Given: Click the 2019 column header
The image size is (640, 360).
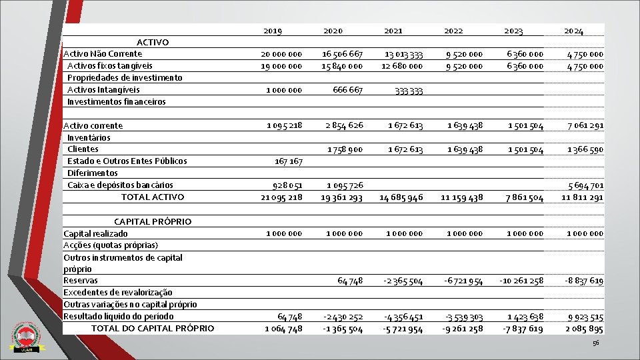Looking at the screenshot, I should [273, 31].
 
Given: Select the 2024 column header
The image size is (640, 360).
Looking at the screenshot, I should [573, 31].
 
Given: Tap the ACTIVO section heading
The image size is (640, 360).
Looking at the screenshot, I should [153, 42].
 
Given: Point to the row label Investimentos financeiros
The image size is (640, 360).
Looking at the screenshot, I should [116, 101].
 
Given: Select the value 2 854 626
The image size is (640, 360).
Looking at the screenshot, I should [344, 125].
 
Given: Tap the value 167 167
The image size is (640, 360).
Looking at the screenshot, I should [288, 161].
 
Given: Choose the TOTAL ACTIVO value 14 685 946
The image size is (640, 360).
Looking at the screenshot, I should [401, 197].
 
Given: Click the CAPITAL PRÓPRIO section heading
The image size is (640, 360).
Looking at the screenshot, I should [153, 221].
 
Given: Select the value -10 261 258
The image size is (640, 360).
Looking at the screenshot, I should [521, 281].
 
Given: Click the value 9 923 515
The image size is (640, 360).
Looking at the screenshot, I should [586, 317].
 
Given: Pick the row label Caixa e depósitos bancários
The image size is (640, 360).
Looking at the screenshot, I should [120, 185].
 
